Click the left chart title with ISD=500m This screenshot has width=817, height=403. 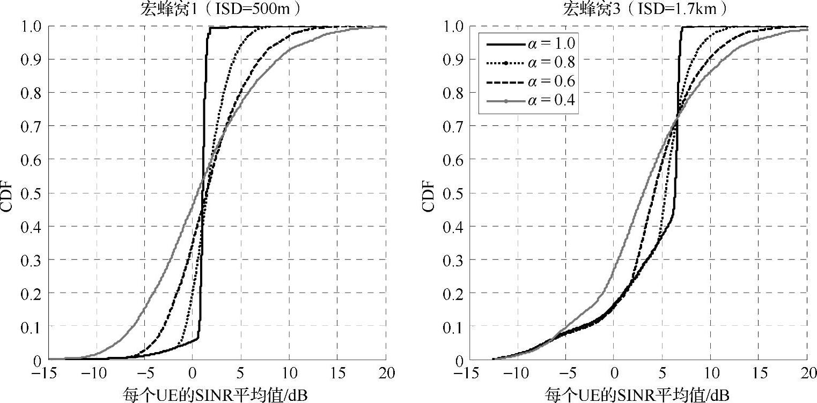pos(217,9)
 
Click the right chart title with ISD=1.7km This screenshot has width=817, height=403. pos(638,9)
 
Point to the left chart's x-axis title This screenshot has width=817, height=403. pos(217,395)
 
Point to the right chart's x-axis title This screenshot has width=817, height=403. pos(638,395)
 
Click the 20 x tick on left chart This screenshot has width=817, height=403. pos(386,373)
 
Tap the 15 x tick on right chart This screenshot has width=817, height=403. pos(759,373)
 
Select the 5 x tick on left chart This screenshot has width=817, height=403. pos(241,373)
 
